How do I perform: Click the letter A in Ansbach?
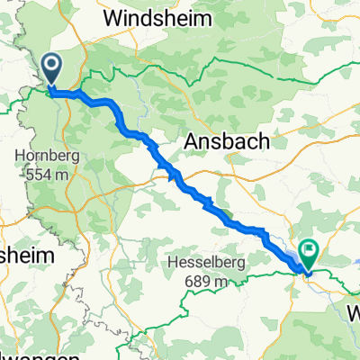(191, 141)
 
